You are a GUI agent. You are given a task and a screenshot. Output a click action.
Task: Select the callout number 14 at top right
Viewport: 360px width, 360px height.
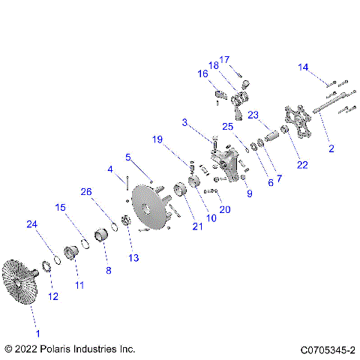(x=304, y=68)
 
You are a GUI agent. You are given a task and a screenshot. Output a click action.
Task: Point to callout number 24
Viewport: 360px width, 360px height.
(x=31, y=224)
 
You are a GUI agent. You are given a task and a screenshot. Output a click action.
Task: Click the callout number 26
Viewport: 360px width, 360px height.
(x=87, y=192)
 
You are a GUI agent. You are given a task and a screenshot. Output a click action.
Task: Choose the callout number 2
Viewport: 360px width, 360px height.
(x=331, y=148)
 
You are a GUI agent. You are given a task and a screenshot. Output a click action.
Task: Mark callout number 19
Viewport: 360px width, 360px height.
(x=157, y=139)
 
